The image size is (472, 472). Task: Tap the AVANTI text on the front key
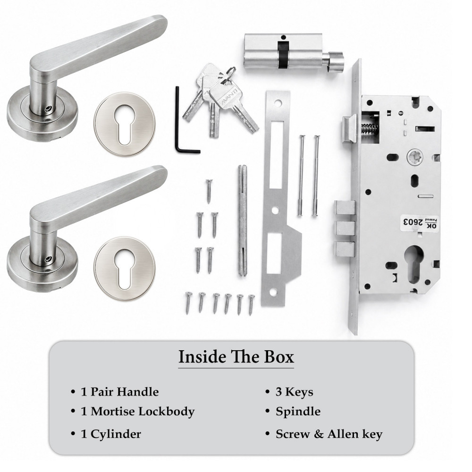tap(229, 97)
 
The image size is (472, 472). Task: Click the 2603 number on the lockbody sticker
tap(412, 222)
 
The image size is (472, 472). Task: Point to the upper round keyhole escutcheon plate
tap(125, 124)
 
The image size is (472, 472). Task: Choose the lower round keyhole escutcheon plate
tap(125, 268)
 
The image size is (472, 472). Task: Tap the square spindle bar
tap(243, 220)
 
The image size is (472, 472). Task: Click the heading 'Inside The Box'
tap(236, 357)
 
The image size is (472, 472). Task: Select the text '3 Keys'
tap(294, 392)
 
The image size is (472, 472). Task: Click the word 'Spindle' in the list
tap(298, 412)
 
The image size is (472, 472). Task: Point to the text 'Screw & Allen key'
tap(329, 434)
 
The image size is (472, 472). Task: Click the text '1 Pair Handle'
tap(120, 392)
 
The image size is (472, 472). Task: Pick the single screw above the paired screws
tap(209, 190)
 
